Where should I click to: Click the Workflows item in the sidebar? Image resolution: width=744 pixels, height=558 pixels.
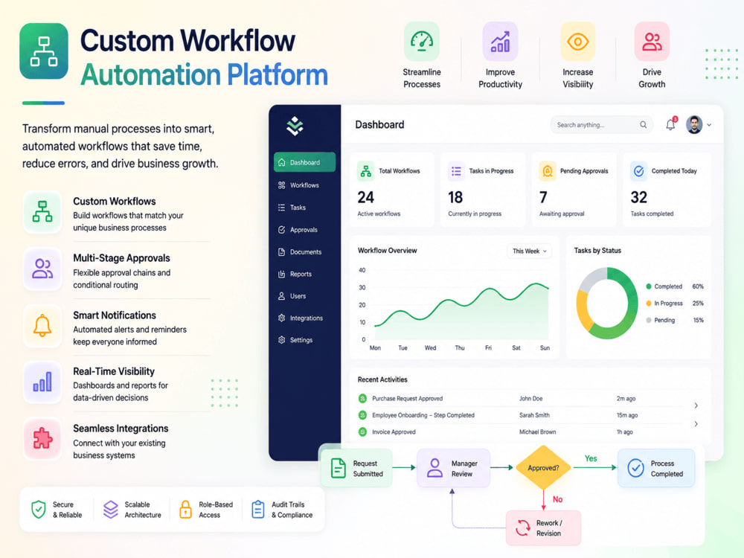coord(299,185)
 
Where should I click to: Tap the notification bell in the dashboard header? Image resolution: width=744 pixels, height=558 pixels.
coord(670,124)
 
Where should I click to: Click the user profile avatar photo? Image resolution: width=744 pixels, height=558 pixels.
coord(694,125)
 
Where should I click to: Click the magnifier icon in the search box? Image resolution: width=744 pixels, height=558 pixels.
coord(643,124)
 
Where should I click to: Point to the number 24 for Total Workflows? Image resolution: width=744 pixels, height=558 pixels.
coord(366,197)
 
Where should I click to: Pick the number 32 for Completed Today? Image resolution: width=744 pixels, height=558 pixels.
coord(638,197)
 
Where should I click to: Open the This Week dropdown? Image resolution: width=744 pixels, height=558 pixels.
coord(530,251)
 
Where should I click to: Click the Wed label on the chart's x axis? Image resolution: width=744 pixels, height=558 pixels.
coord(430,347)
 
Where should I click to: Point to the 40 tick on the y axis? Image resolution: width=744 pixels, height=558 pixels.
coord(362,270)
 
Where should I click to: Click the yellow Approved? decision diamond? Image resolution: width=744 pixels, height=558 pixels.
coord(543,467)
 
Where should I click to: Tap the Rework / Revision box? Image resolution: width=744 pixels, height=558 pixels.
coord(543,527)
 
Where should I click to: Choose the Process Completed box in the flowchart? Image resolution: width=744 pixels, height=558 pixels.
coord(656,468)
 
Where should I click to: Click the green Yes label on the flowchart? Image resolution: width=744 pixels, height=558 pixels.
coord(591,458)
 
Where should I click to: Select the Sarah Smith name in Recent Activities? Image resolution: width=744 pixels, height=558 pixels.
coord(534,415)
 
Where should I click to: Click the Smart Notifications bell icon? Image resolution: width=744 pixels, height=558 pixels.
coord(42,326)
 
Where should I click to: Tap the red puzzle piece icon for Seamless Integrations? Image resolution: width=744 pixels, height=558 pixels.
coord(42,438)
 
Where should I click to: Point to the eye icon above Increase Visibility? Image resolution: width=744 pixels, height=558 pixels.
coord(577,42)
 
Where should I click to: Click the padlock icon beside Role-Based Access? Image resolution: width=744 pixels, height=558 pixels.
coord(185,509)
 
